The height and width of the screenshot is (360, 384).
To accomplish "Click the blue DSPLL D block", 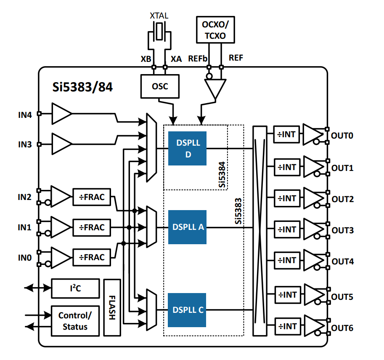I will [x=187, y=148].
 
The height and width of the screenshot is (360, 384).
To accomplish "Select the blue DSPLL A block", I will [x=187, y=227].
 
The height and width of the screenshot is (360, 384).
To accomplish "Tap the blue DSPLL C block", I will [x=187, y=310].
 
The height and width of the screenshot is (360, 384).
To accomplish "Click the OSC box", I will [x=160, y=86].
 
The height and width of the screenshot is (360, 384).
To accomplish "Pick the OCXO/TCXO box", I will [x=215, y=30].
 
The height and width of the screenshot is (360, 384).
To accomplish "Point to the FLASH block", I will [x=112, y=307].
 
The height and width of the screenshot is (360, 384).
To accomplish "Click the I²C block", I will [x=75, y=288].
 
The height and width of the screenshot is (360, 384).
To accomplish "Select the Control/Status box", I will [x=75, y=321].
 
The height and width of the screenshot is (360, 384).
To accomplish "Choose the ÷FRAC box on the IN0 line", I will [x=91, y=257].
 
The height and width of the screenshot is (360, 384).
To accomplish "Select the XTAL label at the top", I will [x=159, y=16].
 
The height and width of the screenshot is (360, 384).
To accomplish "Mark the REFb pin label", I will [x=198, y=59].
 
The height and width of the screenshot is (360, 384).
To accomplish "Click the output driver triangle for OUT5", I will [x=312, y=294].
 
